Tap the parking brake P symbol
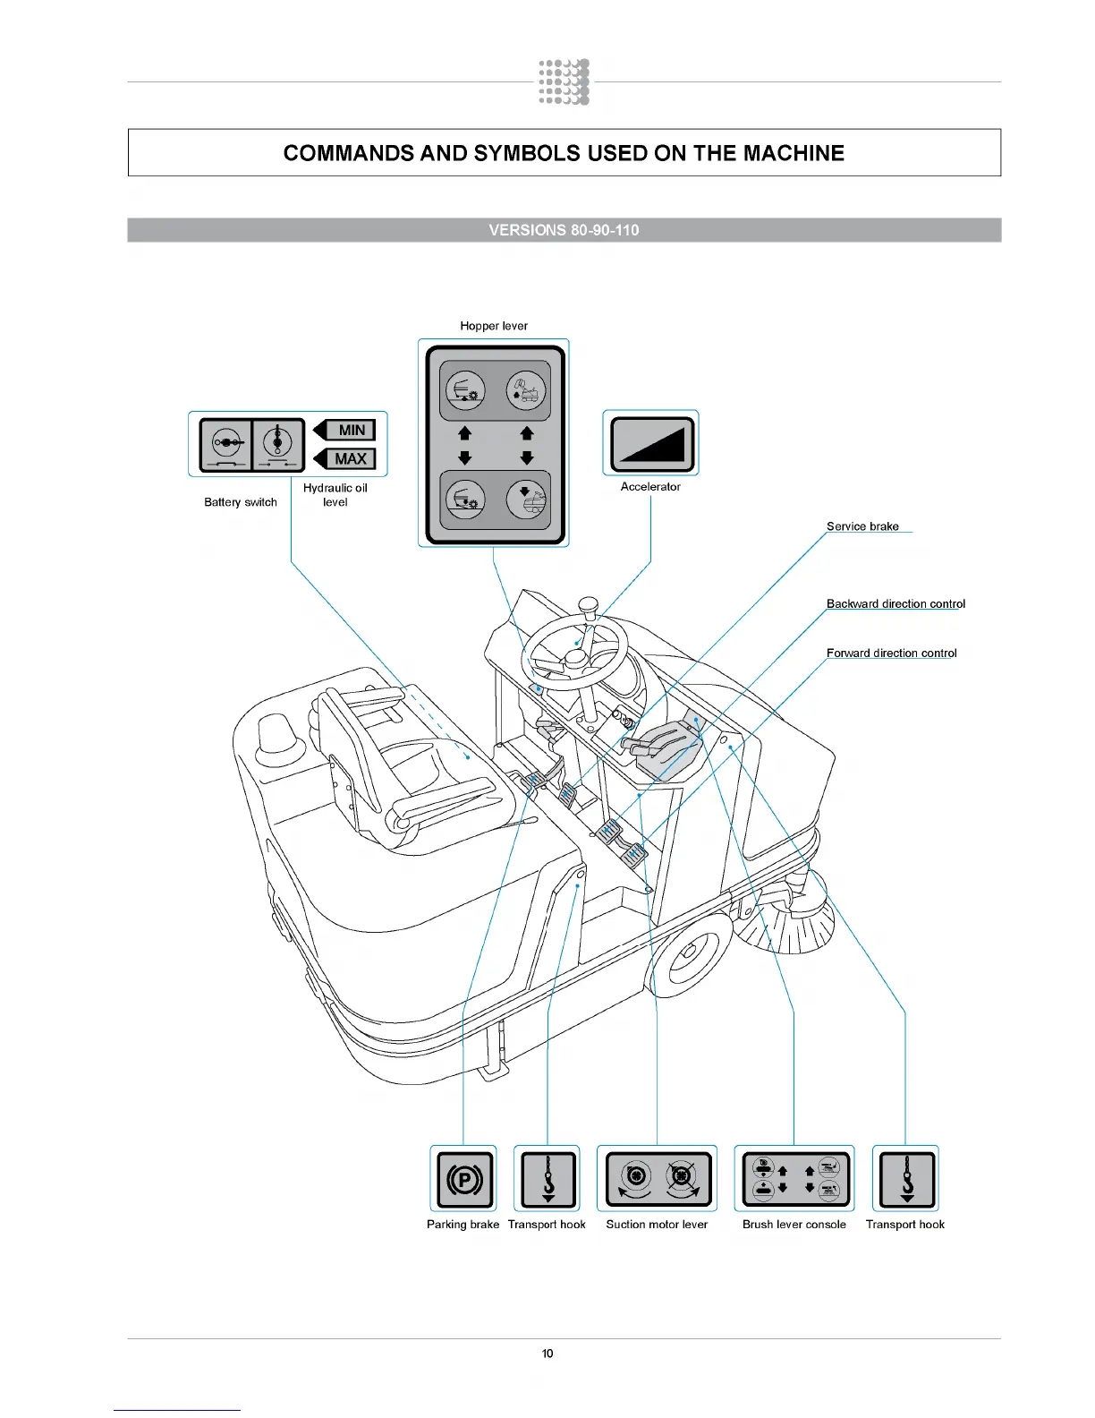click(x=463, y=1179)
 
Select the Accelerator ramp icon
click(x=651, y=443)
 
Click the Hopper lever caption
click(x=494, y=326)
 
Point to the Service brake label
click(x=862, y=526)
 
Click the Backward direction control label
click(x=896, y=604)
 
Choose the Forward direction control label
click(x=891, y=653)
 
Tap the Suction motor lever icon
click(x=658, y=1179)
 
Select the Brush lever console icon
click(x=794, y=1179)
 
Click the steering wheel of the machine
click(x=574, y=652)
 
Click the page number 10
click(x=547, y=1354)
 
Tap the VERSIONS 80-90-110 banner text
click(x=564, y=230)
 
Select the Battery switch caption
click(x=241, y=502)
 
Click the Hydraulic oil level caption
click(x=335, y=495)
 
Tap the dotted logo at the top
click(x=564, y=82)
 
